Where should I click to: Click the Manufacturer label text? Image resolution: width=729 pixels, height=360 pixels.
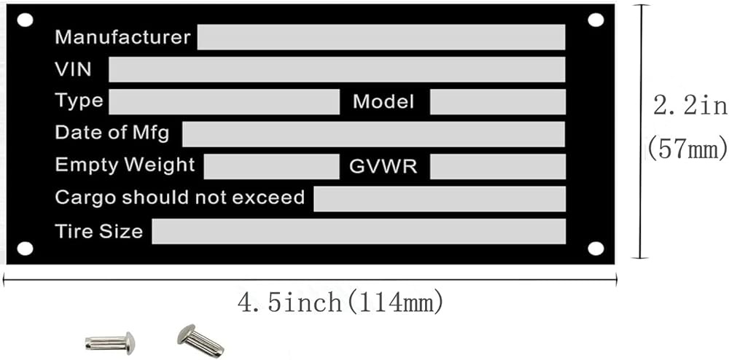[x=122, y=36]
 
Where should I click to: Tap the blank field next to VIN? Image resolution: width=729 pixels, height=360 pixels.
[x=337, y=69]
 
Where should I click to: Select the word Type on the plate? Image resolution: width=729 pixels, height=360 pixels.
[x=79, y=101]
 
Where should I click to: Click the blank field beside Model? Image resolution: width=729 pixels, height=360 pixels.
[x=497, y=102]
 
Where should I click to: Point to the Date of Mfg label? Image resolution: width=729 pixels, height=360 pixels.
[x=112, y=133]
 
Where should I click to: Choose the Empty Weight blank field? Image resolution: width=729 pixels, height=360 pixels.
[x=271, y=166]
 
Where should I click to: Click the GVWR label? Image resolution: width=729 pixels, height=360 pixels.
[x=383, y=166]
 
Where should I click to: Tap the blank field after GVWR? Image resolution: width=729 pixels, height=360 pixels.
[x=497, y=166]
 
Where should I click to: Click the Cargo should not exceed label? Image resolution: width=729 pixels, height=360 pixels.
[x=179, y=197]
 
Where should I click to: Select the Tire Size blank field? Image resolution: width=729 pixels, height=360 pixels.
[x=358, y=231]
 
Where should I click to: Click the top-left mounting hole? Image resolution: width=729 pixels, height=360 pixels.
[x=25, y=20]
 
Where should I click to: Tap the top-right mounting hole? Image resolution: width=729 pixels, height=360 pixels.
[x=596, y=20]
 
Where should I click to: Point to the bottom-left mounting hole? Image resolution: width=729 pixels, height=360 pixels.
[x=25, y=249]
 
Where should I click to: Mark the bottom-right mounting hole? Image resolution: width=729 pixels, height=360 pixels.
[x=596, y=249]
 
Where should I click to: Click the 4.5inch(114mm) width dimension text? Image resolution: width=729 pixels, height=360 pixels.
[x=341, y=301]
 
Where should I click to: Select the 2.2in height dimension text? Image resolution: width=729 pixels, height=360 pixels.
[x=690, y=106]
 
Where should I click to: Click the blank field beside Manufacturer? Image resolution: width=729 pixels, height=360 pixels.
[x=381, y=37]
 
